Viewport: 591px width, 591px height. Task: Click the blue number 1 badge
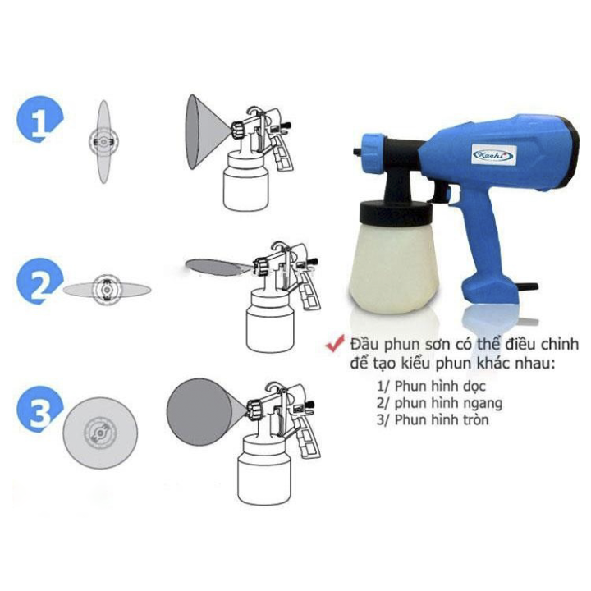click(x=39, y=119)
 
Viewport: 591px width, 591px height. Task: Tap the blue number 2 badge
click(x=39, y=281)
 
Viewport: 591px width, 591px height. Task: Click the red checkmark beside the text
click(x=335, y=343)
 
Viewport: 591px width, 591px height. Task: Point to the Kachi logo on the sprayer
click(x=494, y=155)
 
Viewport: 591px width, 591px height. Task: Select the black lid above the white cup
click(x=396, y=213)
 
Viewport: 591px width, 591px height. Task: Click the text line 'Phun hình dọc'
click(x=432, y=387)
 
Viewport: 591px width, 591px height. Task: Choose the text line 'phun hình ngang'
click(x=439, y=403)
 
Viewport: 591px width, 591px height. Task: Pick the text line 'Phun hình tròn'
click(x=433, y=420)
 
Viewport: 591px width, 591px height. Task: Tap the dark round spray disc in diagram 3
click(x=199, y=412)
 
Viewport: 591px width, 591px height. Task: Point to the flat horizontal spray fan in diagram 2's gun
click(x=215, y=268)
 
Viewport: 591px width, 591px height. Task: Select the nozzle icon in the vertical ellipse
click(x=103, y=141)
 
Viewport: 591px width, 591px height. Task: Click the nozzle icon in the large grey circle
click(x=100, y=433)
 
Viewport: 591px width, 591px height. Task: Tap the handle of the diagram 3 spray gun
click(x=306, y=438)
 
